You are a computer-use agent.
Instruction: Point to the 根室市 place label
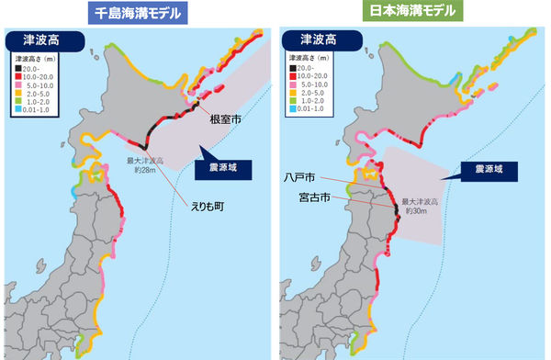[x=225, y=119]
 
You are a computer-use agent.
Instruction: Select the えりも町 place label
[x=207, y=208]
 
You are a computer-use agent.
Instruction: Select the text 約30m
[x=421, y=211]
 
